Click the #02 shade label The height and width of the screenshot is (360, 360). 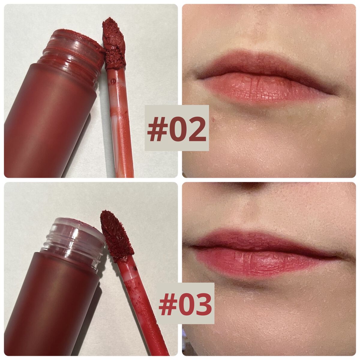point(176,129)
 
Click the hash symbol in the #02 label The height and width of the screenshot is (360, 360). point(157,129)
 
